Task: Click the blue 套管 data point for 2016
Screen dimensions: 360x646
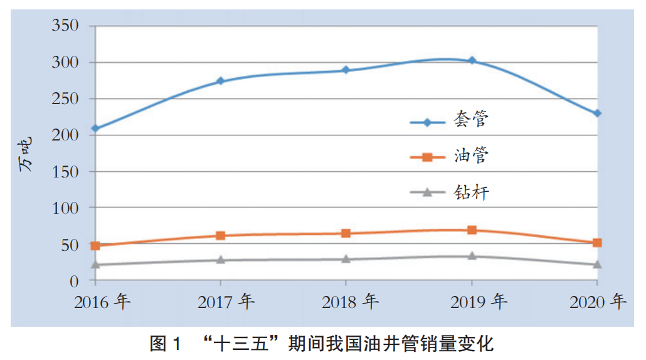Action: (x=95, y=129)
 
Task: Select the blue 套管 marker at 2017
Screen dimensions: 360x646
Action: (x=221, y=81)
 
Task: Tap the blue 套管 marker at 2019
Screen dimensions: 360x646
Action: (x=472, y=61)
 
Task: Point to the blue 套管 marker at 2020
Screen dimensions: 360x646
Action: (x=597, y=114)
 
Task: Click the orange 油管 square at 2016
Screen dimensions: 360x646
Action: (x=95, y=246)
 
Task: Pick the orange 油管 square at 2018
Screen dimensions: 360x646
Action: (x=346, y=233)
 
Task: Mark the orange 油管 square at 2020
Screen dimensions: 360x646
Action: (x=597, y=243)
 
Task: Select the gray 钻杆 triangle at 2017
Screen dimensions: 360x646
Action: (x=221, y=260)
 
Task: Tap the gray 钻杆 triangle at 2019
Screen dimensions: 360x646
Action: (x=472, y=256)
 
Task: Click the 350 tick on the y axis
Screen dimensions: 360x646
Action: (x=65, y=26)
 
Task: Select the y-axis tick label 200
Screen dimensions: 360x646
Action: (x=65, y=135)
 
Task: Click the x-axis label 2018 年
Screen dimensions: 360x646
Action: (x=351, y=302)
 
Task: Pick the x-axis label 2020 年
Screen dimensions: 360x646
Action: (x=598, y=302)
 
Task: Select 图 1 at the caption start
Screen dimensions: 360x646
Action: (x=165, y=344)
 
